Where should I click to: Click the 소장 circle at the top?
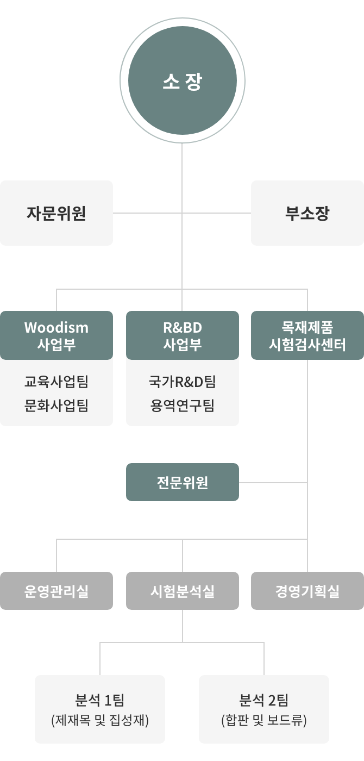[183, 80]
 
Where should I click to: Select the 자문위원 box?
[57, 213]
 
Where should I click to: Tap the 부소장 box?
[307, 213]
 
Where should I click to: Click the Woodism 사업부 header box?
[57, 335]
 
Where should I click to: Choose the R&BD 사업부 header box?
[183, 335]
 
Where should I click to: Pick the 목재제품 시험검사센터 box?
[307, 335]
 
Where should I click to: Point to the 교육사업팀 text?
[57, 382]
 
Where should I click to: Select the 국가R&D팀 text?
[183, 382]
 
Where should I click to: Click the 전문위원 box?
[183, 482]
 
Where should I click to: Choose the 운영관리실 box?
[57, 591]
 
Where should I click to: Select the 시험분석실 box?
[183, 591]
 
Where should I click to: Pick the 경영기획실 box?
[307, 591]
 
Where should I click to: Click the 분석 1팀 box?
[100, 709]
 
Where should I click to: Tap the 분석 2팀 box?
[264, 709]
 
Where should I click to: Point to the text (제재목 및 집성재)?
[100, 720]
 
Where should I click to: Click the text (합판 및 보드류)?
[264, 720]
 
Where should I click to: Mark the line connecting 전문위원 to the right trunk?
[273, 483]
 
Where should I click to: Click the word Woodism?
[57, 327]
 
